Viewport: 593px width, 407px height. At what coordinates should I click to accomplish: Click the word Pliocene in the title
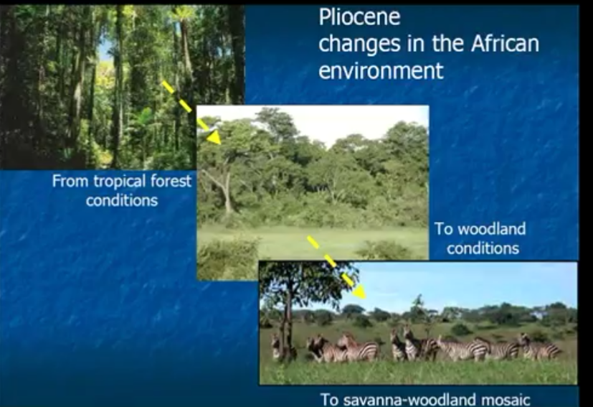[359, 17]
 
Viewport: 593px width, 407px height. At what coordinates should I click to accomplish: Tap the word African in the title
[505, 44]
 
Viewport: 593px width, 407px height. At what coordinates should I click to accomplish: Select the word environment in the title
[381, 71]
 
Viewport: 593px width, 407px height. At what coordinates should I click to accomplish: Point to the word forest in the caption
[171, 181]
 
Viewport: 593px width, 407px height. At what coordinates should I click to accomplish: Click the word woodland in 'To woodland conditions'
[492, 229]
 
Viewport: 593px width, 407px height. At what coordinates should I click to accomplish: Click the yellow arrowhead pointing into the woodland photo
[214, 136]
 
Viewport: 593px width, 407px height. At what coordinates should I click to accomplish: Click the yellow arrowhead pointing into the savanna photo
[359, 292]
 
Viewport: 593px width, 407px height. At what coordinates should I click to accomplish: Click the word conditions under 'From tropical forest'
[122, 201]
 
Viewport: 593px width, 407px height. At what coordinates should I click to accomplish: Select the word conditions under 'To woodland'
[483, 249]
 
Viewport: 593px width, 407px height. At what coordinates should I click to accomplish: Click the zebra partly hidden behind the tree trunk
[277, 347]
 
